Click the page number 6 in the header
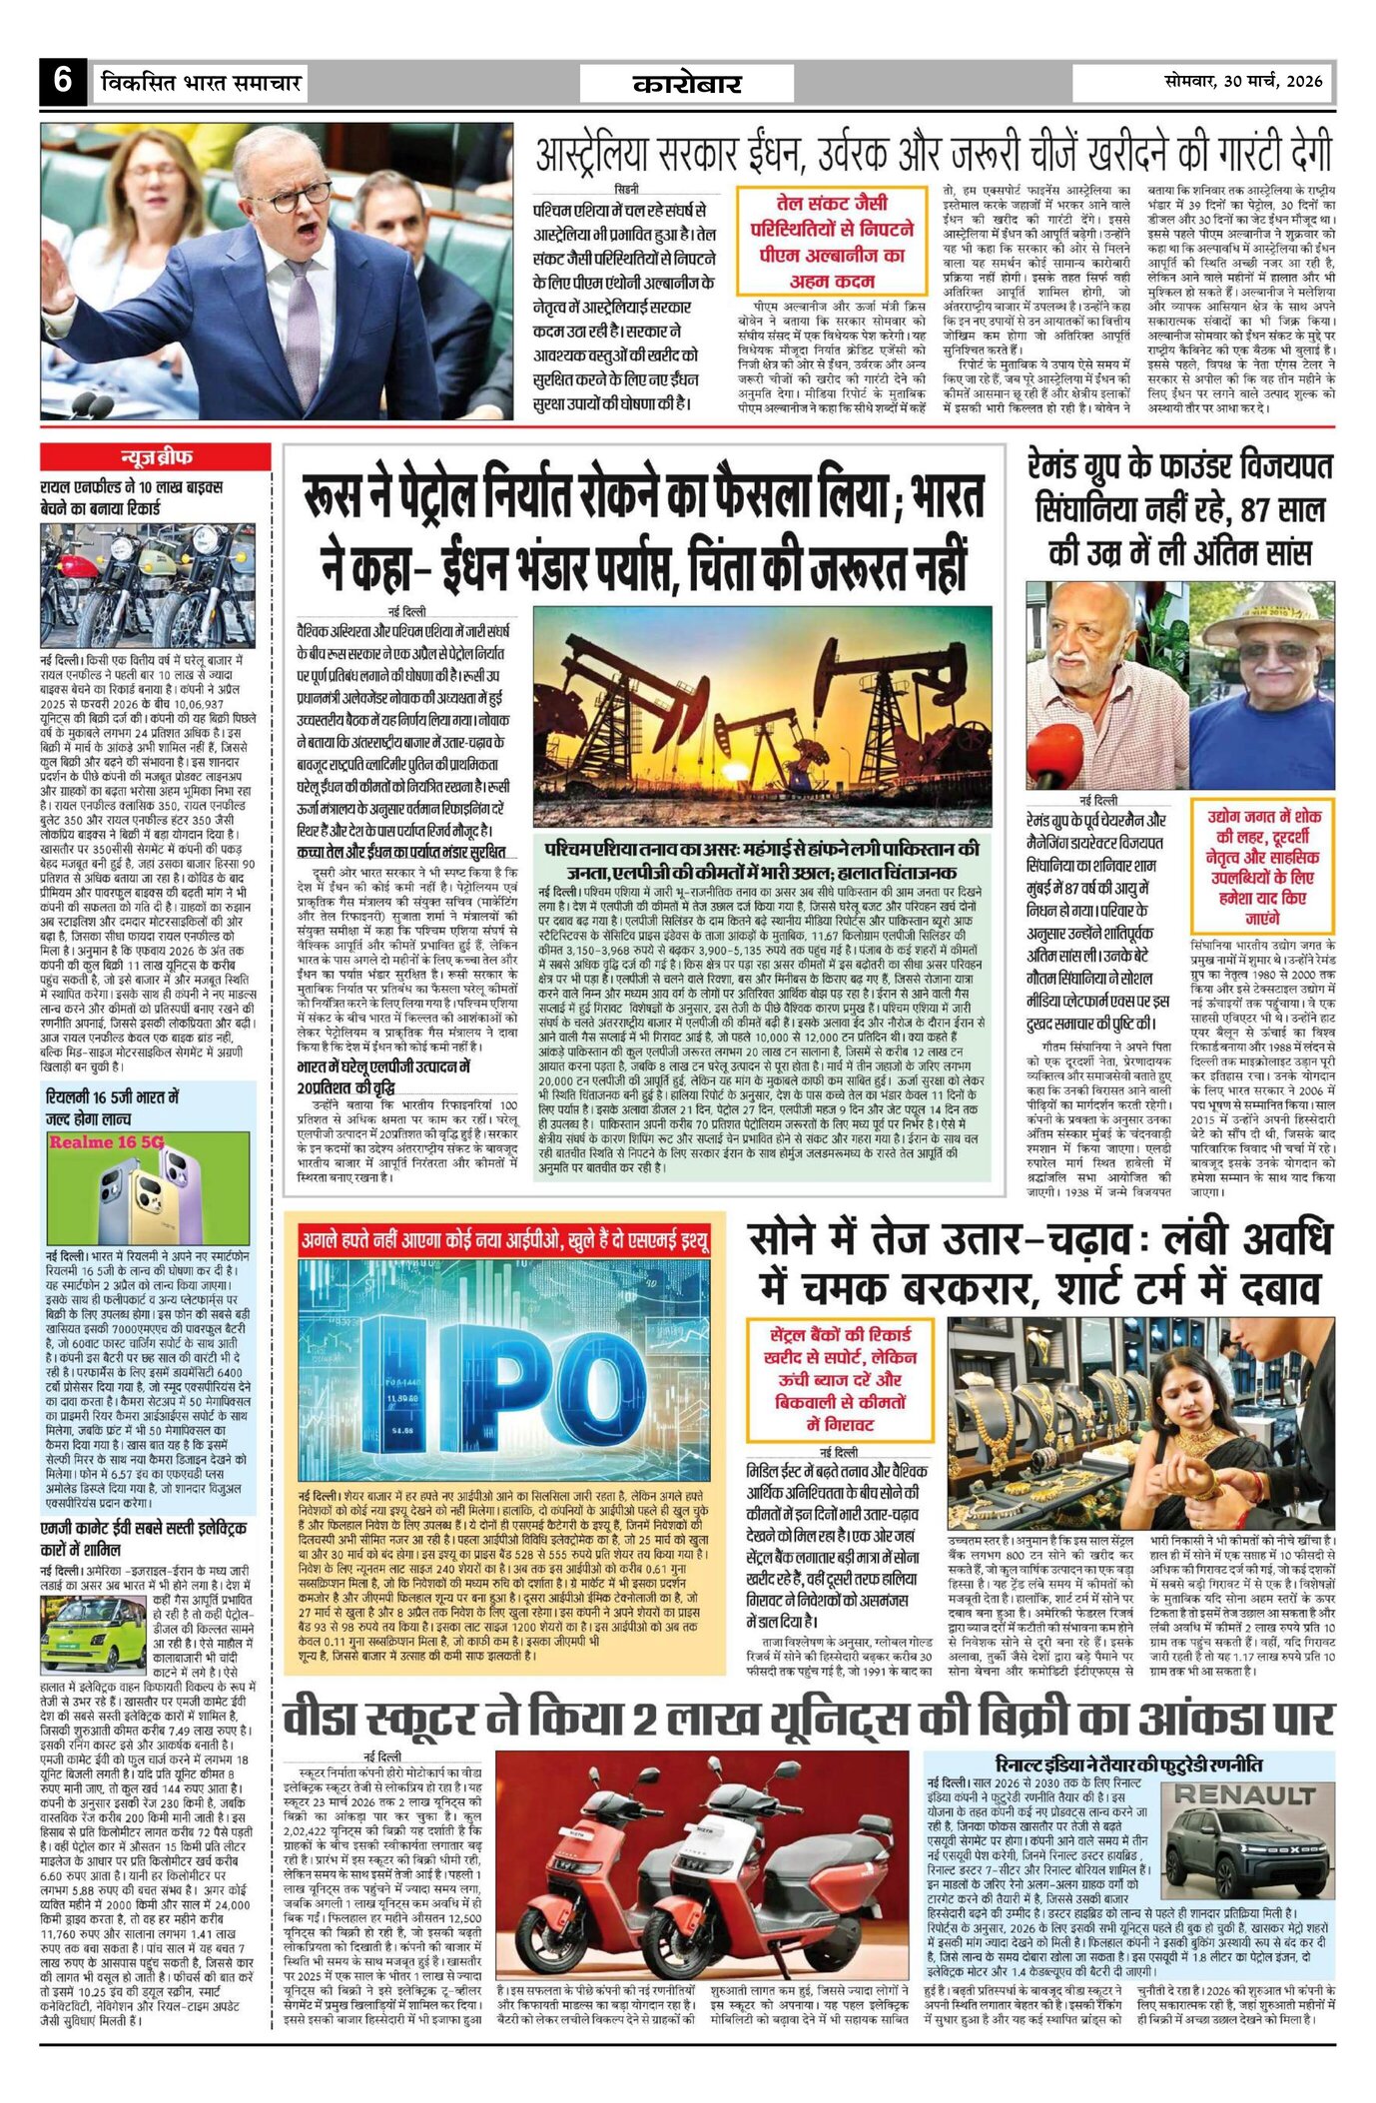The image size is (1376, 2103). (x=62, y=81)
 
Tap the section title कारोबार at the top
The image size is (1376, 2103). (x=687, y=84)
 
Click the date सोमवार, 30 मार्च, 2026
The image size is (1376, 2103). (x=1243, y=81)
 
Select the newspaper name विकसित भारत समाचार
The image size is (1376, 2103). (x=201, y=83)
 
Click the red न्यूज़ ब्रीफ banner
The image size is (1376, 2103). (x=156, y=457)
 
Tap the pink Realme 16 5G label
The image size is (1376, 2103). (x=107, y=1141)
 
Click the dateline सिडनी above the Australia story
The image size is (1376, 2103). (x=626, y=189)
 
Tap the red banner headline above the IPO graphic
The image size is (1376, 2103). (x=503, y=1241)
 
